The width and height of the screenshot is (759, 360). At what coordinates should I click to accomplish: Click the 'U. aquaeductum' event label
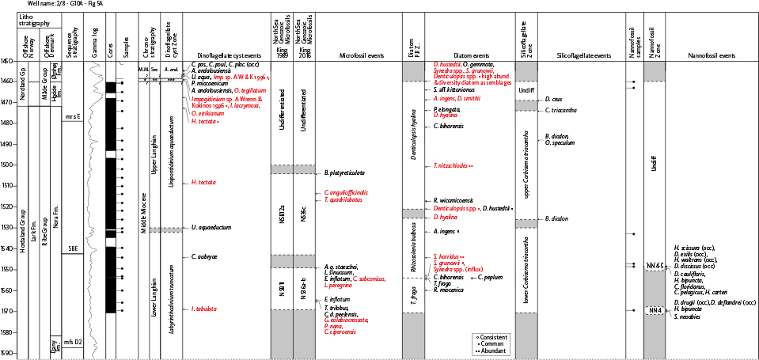pos(211,227)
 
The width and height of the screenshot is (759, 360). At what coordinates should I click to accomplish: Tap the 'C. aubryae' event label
pos(204,257)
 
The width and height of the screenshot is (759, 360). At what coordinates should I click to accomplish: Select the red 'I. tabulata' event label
pos(204,309)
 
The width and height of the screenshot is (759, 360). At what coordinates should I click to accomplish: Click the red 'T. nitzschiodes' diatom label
pos(452,165)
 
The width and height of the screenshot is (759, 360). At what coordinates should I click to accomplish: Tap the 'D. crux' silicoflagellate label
pos(552,99)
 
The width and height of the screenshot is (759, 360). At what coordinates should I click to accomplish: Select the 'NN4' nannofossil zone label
pos(655,309)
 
